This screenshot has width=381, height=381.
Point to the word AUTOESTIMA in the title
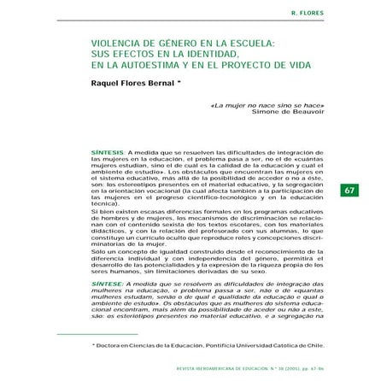[138, 82]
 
